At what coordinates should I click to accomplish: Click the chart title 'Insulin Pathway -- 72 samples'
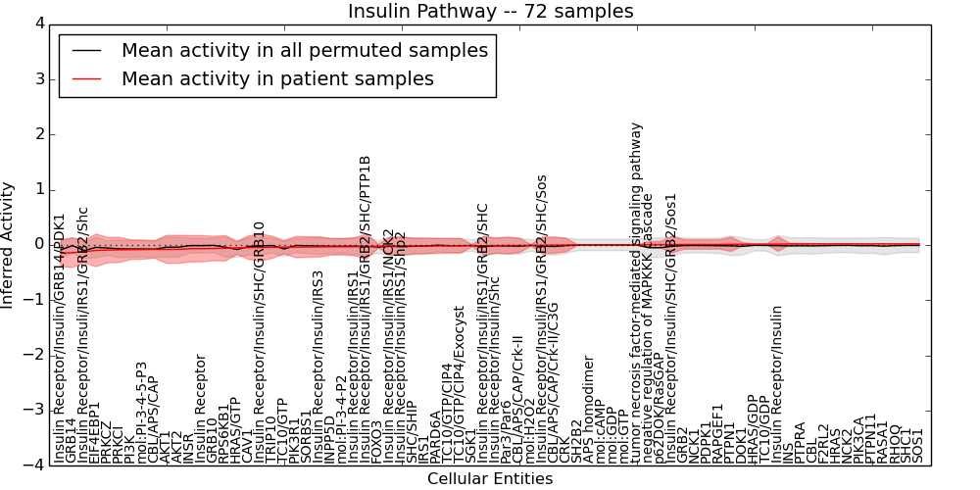coord(490,12)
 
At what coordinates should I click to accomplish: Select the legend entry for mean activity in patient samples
coord(277,78)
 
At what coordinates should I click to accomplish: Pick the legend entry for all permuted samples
coord(304,50)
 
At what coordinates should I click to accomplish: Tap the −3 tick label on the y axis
coord(35,410)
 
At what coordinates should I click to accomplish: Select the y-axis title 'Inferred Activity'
coord(9,245)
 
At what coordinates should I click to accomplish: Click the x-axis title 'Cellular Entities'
coord(490,479)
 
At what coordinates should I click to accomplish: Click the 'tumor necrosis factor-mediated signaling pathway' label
coord(637,293)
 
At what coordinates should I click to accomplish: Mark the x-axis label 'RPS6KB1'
coord(224,432)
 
